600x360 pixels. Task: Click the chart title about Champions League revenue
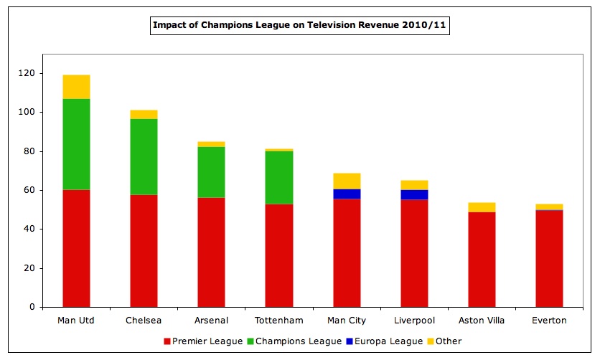(299, 27)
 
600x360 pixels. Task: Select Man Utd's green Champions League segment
(76, 144)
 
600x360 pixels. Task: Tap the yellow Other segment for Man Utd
(76, 87)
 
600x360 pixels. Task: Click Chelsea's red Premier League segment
(144, 250)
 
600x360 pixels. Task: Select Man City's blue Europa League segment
(347, 194)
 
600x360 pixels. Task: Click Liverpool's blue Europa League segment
(414, 194)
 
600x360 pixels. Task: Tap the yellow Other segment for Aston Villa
(482, 207)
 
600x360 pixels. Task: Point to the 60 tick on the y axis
(29, 190)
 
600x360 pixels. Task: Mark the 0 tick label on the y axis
(32, 307)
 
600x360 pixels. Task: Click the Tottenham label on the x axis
(278, 320)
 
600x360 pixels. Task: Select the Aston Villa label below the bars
(482, 320)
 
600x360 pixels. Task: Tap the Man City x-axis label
(347, 320)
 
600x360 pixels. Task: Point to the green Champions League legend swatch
(252, 341)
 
